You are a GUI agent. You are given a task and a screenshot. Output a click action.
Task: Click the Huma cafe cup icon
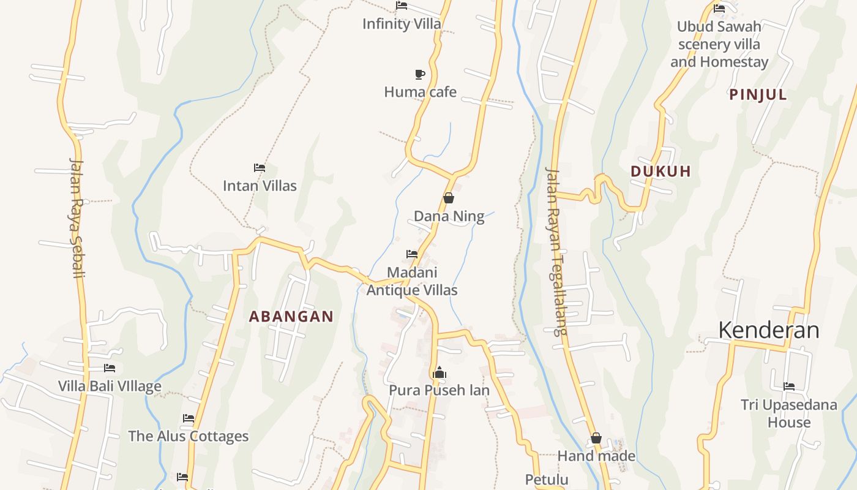point(419,74)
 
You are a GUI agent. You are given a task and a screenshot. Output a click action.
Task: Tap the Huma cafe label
point(420,92)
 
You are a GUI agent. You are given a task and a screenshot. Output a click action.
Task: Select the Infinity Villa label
point(402,24)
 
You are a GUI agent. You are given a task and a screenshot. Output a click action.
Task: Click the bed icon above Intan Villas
point(260,167)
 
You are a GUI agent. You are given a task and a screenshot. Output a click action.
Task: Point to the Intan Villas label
point(260,186)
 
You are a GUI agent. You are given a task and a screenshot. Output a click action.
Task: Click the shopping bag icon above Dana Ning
point(449,198)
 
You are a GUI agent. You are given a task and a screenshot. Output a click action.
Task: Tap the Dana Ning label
point(449,216)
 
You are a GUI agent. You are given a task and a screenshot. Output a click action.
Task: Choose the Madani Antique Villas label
point(412,281)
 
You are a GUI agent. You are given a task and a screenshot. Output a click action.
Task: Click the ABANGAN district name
point(291,317)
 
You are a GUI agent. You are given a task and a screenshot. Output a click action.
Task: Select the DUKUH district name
point(661,171)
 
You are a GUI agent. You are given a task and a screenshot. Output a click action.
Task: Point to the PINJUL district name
point(758,95)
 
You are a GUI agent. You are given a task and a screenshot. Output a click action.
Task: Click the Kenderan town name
point(768,330)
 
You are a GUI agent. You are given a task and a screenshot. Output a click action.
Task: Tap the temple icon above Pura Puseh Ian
point(440,372)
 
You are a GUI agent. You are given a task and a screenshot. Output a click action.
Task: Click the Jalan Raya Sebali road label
point(77,218)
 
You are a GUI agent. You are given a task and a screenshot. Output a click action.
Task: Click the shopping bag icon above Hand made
point(596,439)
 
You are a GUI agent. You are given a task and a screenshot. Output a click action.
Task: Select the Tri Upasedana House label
point(788,413)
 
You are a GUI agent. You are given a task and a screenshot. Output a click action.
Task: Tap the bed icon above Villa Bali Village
point(110,368)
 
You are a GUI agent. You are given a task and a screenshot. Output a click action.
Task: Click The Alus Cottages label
point(188,436)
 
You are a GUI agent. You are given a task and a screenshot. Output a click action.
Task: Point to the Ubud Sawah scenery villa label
point(719,44)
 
